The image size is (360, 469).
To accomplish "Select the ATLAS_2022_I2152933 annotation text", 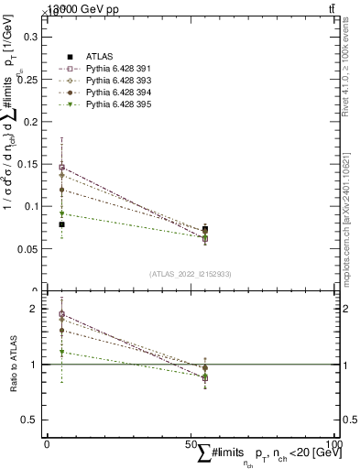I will click(x=191, y=274).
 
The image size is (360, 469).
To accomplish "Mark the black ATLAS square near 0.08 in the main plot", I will click(x=61, y=224).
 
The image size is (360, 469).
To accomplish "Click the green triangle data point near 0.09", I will click(x=61, y=213).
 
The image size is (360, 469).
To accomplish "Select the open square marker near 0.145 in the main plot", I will click(x=61, y=168).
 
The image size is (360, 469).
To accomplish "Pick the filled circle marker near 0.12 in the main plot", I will click(x=61, y=190).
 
